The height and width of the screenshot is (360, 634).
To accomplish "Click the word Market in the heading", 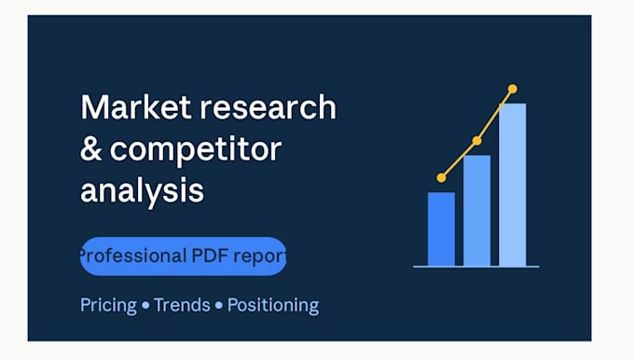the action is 136,106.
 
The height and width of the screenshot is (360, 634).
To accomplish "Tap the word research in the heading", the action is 269,107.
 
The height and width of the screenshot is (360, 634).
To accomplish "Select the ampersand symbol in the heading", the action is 91,149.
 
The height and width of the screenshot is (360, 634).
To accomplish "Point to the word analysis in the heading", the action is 143,190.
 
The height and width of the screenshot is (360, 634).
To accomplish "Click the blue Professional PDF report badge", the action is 183,256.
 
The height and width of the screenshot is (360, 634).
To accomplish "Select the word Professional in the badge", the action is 133,256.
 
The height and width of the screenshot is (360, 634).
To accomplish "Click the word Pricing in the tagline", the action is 108,305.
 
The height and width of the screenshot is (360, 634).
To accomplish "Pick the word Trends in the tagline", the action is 182,305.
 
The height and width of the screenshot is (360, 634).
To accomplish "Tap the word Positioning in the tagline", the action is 273,306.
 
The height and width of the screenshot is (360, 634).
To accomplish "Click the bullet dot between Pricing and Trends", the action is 145,305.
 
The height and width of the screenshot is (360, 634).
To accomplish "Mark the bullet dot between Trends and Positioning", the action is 219,305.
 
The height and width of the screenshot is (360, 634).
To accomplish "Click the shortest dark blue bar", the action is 441,228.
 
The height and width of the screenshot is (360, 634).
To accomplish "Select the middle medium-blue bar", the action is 476,211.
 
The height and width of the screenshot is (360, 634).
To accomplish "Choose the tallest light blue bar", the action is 512,185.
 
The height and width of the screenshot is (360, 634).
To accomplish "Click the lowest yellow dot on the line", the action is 442,177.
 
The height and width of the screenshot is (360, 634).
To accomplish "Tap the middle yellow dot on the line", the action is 477,141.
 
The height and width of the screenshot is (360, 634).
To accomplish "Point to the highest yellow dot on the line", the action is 513,89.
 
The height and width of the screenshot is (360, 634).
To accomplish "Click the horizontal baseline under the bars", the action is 475,267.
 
